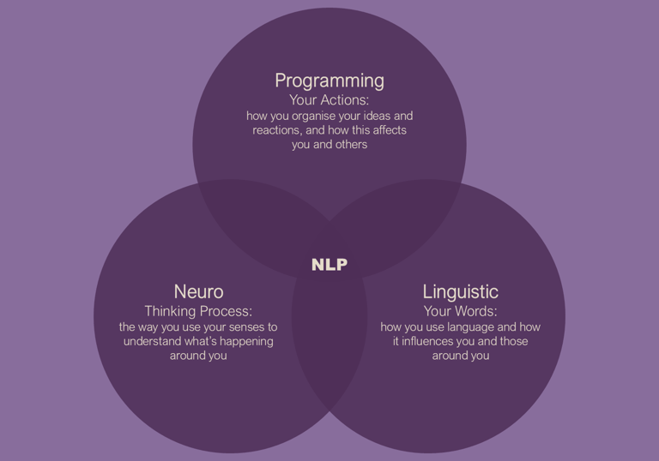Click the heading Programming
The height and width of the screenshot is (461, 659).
(x=329, y=81)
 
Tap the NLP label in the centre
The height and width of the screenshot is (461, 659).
(x=329, y=265)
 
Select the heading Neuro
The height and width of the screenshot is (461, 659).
(x=198, y=292)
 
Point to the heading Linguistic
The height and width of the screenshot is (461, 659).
(x=460, y=292)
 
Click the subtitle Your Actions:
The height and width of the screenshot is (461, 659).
(x=329, y=100)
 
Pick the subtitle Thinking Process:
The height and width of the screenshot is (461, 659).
(x=198, y=311)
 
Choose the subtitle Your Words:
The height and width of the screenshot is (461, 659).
(x=460, y=311)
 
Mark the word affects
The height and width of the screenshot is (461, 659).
(x=387, y=130)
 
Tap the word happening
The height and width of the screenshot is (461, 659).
(x=245, y=341)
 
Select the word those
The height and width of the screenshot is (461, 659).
(x=512, y=341)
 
